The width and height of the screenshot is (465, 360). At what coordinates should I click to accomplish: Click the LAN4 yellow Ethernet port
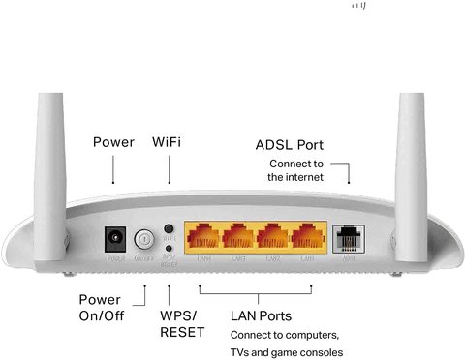click(204, 237)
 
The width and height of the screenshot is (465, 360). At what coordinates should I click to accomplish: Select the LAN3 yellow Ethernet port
click(239, 237)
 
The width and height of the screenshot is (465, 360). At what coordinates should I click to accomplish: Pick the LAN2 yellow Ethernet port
click(274, 237)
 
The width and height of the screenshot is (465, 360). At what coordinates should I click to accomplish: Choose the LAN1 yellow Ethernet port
click(308, 237)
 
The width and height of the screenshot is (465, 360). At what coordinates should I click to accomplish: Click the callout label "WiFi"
click(167, 142)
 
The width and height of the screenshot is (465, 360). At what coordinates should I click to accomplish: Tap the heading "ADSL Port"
click(289, 145)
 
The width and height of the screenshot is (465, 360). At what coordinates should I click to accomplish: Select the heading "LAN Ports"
click(261, 316)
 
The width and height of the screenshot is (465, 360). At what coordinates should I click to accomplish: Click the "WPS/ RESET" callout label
click(176, 325)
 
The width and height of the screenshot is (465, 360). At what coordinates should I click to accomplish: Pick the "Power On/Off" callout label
click(101, 308)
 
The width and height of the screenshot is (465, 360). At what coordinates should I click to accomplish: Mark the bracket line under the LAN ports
click(262, 290)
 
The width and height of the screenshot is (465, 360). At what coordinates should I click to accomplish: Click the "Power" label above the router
click(113, 142)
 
